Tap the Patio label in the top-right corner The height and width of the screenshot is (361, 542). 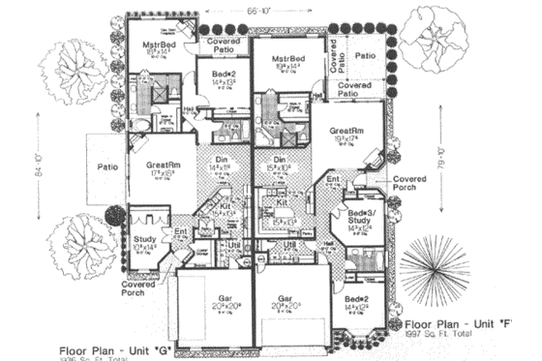point(365,56)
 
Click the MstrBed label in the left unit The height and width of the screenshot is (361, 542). point(157,45)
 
